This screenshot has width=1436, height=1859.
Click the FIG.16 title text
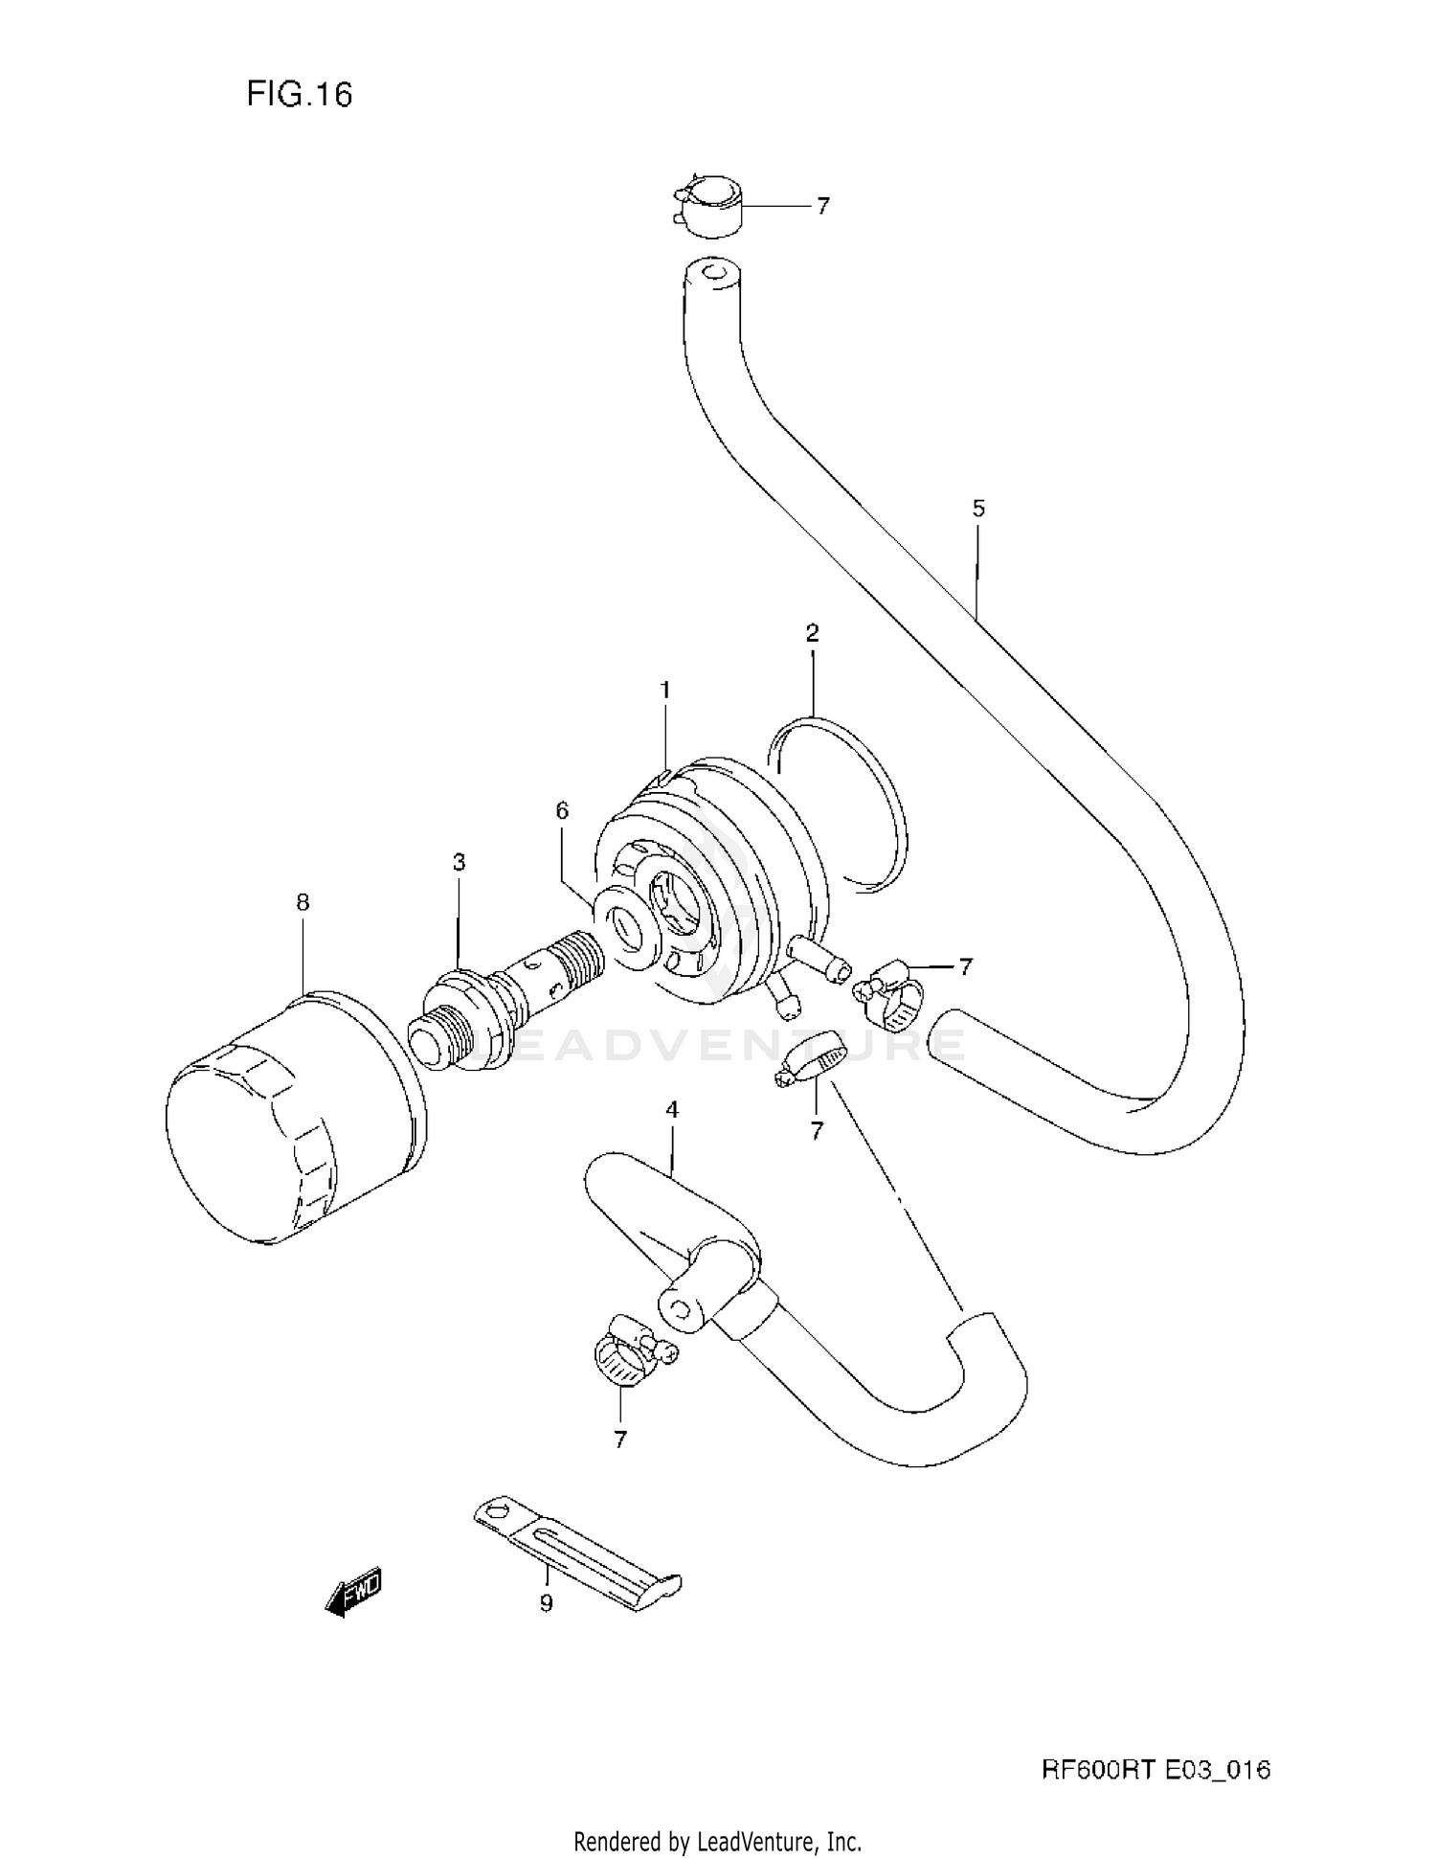point(300,94)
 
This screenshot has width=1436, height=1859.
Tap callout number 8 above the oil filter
point(303,901)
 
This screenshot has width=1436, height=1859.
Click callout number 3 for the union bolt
point(459,862)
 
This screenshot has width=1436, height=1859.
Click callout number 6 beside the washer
point(562,810)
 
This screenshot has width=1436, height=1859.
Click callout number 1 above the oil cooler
point(664,690)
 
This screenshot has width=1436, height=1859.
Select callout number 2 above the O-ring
point(812,632)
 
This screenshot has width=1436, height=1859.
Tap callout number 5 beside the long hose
point(977,509)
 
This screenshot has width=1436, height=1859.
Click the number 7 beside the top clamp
point(822,206)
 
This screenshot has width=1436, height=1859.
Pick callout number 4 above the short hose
point(672,1109)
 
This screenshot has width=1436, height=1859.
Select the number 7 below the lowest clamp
point(620,1439)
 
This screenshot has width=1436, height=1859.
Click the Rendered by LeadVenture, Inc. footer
point(717,1840)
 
